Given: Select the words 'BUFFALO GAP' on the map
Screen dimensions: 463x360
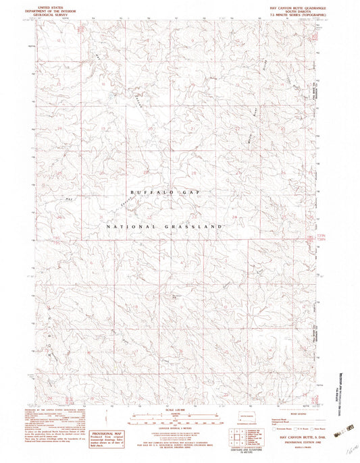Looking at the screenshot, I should [x=165, y=192].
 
